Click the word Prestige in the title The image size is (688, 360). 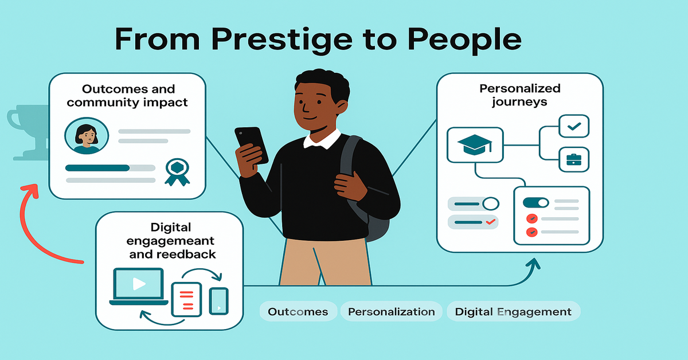[x=282, y=40]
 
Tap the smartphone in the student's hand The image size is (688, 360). [x=252, y=145]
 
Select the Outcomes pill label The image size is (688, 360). [x=298, y=312]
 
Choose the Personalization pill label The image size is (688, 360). [x=391, y=312]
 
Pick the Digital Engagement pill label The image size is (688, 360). [x=513, y=312]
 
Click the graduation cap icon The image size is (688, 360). [x=475, y=144]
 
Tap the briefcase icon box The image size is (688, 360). [x=574, y=160]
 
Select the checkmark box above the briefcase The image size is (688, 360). [x=574, y=126]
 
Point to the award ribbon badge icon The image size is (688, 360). [x=177, y=173]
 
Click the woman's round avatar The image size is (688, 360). [x=87, y=136]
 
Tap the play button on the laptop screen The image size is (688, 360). [x=139, y=284]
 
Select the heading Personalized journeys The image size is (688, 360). [x=519, y=95]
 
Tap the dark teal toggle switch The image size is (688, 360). [x=535, y=203]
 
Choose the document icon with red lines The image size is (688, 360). [x=186, y=299]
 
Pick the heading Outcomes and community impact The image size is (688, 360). [x=127, y=96]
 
